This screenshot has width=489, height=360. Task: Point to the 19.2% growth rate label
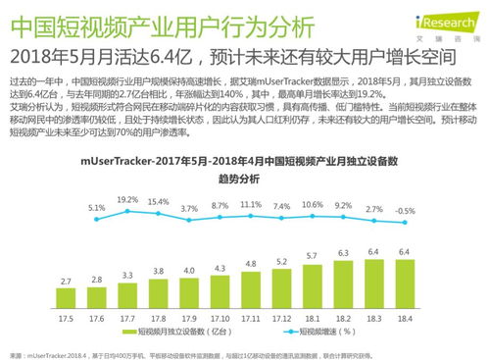(127, 199)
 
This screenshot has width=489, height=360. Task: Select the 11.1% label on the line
(251, 205)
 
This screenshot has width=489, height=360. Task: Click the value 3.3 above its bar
(127, 275)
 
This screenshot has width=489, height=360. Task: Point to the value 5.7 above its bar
(313, 255)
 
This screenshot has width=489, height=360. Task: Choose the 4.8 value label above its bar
(251, 264)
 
